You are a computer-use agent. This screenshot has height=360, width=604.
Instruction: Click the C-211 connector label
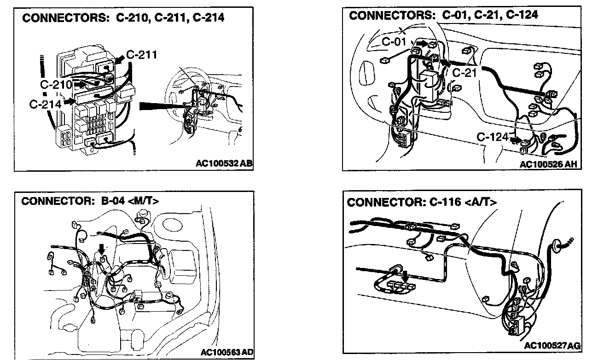tap(142, 55)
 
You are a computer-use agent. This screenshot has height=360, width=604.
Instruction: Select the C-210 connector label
tap(56, 85)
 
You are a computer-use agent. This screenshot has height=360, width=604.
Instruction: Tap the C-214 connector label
tap(45, 104)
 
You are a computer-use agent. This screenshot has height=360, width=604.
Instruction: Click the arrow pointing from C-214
tap(70, 100)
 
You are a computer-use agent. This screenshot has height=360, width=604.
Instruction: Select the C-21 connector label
tap(464, 72)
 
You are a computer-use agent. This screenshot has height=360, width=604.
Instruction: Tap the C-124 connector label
tap(492, 137)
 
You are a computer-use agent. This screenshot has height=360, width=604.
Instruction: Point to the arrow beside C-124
tap(517, 139)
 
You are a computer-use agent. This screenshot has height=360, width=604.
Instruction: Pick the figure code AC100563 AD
tap(226, 352)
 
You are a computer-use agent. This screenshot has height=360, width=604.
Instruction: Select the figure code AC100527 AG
tap(552, 345)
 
